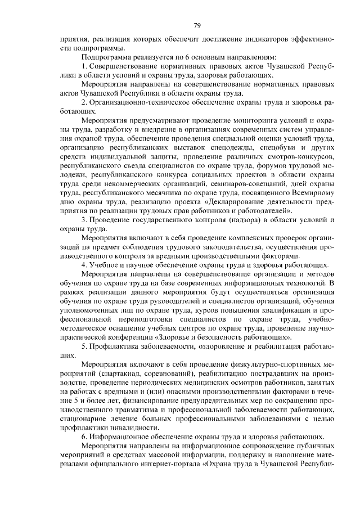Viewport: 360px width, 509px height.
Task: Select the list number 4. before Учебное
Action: [x=84, y=264]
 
